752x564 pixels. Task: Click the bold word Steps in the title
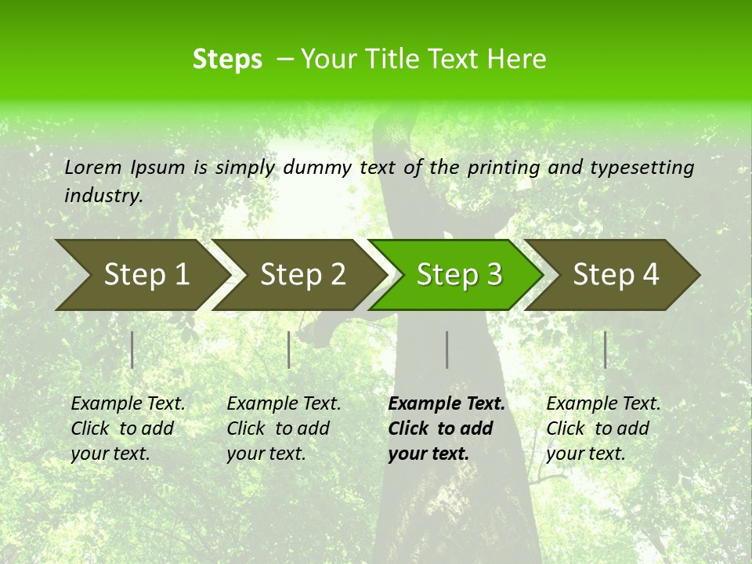[x=227, y=60]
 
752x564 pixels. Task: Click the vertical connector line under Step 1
[x=132, y=349]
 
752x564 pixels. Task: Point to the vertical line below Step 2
[x=289, y=349]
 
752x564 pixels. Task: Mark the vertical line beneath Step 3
[x=447, y=349]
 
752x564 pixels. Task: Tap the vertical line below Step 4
[x=606, y=349]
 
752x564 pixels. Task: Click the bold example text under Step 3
[x=446, y=428]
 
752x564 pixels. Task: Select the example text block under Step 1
[x=128, y=428]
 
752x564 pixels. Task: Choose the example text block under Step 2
[x=284, y=428]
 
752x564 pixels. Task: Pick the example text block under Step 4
[x=603, y=428]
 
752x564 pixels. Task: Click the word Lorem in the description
[x=92, y=167]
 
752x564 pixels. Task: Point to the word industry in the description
[x=103, y=196]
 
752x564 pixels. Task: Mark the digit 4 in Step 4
[x=650, y=275]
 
